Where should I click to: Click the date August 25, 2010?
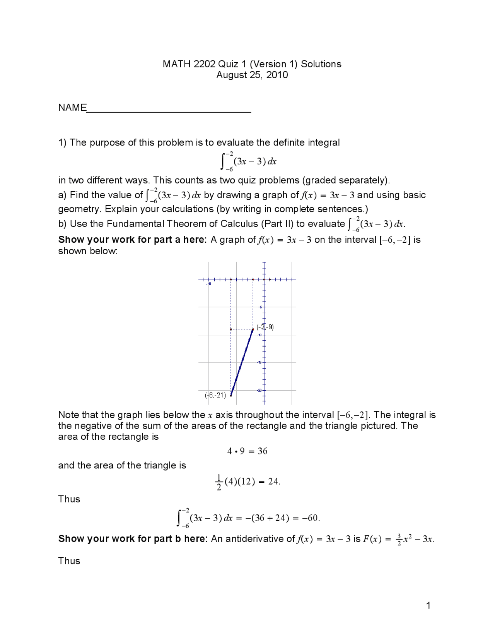(252, 75)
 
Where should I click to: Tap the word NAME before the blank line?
(72, 108)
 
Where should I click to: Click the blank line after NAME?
(169, 111)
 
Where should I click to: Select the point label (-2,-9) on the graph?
(265, 327)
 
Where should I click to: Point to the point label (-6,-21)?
(215, 395)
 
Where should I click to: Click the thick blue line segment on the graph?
(242, 362)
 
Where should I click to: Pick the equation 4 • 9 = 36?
(247, 451)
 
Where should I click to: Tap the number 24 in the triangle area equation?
(273, 482)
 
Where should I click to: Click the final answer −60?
(311, 518)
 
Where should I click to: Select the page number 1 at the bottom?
(428, 605)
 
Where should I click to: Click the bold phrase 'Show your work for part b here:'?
(133, 539)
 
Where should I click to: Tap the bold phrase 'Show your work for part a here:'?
(133, 240)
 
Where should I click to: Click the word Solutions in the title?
(321, 64)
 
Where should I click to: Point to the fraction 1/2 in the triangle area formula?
(219, 482)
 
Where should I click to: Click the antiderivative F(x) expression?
(398, 539)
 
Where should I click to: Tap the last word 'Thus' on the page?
(69, 561)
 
